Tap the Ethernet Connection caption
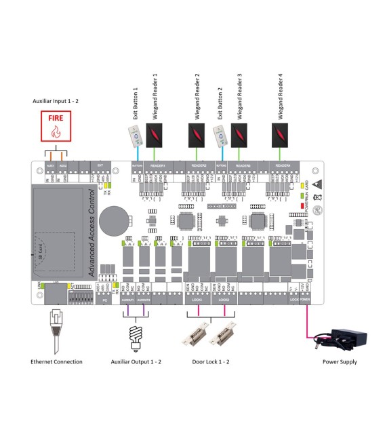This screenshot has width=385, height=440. point(57,362)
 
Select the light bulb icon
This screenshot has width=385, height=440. point(136,335)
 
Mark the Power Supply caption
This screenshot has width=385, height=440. point(340,362)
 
